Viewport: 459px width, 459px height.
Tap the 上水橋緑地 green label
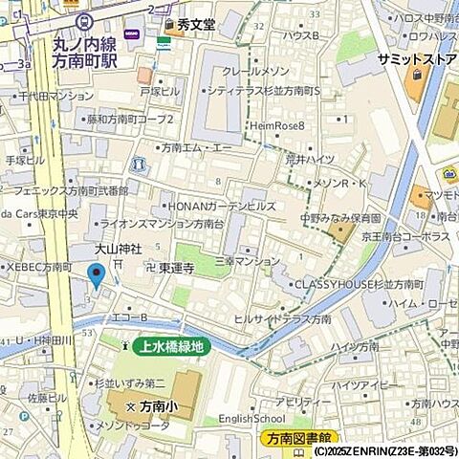click(x=171, y=347)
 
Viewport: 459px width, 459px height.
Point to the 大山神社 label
click(x=117, y=249)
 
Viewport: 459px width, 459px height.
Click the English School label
click(x=251, y=418)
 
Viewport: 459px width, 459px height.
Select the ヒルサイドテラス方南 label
click(x=283, y=318)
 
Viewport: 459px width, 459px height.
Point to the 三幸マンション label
click(x=247, y=260)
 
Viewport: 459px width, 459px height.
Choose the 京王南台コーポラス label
click(x=407, y=236)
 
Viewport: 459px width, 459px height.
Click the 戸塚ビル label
click(x=160, y=92)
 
